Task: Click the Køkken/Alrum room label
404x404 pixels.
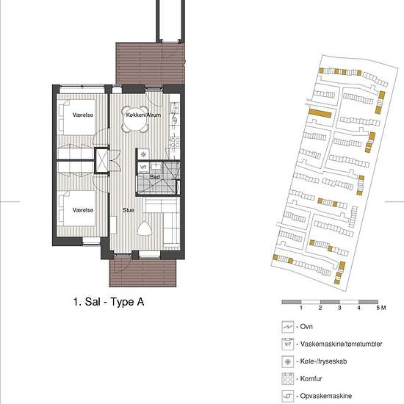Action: pos(143,115)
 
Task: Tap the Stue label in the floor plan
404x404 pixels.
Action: pos(129,210)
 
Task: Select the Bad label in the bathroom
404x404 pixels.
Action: pos(155,177)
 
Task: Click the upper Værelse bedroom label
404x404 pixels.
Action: pos(83,115)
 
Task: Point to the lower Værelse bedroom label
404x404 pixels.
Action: pos(83,210)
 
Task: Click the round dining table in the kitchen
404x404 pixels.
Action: pos(136,120)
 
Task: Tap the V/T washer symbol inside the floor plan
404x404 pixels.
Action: pos(143,167)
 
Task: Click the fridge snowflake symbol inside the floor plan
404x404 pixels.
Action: pos(143,154)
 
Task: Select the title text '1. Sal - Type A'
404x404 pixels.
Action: pos(109,302)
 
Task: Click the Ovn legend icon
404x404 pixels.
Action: pos(287,327)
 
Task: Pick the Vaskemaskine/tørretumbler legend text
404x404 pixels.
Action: pos(341,344)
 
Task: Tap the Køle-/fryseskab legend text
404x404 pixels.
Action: pos(323,361)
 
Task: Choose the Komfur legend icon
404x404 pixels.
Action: pos(287,379)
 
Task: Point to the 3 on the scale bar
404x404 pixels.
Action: pos(339,308)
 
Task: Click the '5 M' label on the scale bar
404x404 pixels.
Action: pos(381,308)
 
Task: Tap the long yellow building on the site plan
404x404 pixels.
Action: pos(320,113)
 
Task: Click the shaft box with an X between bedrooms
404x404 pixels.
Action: pos(102,161)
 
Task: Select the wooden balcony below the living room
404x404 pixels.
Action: pos(143,273)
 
